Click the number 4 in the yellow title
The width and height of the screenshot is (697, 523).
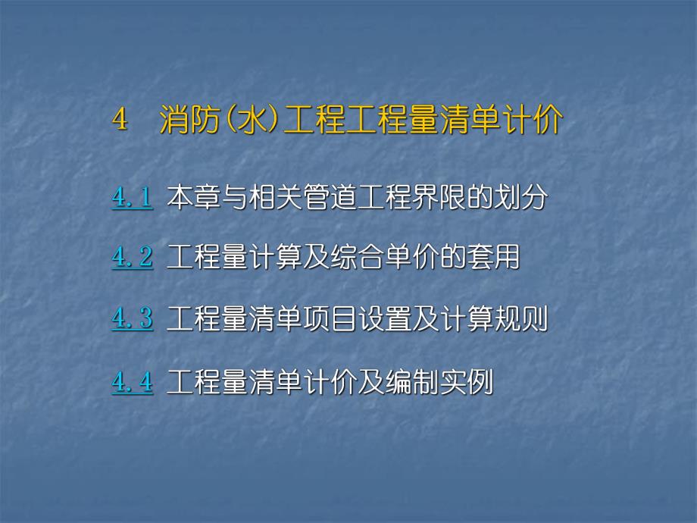coord(118,121)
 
